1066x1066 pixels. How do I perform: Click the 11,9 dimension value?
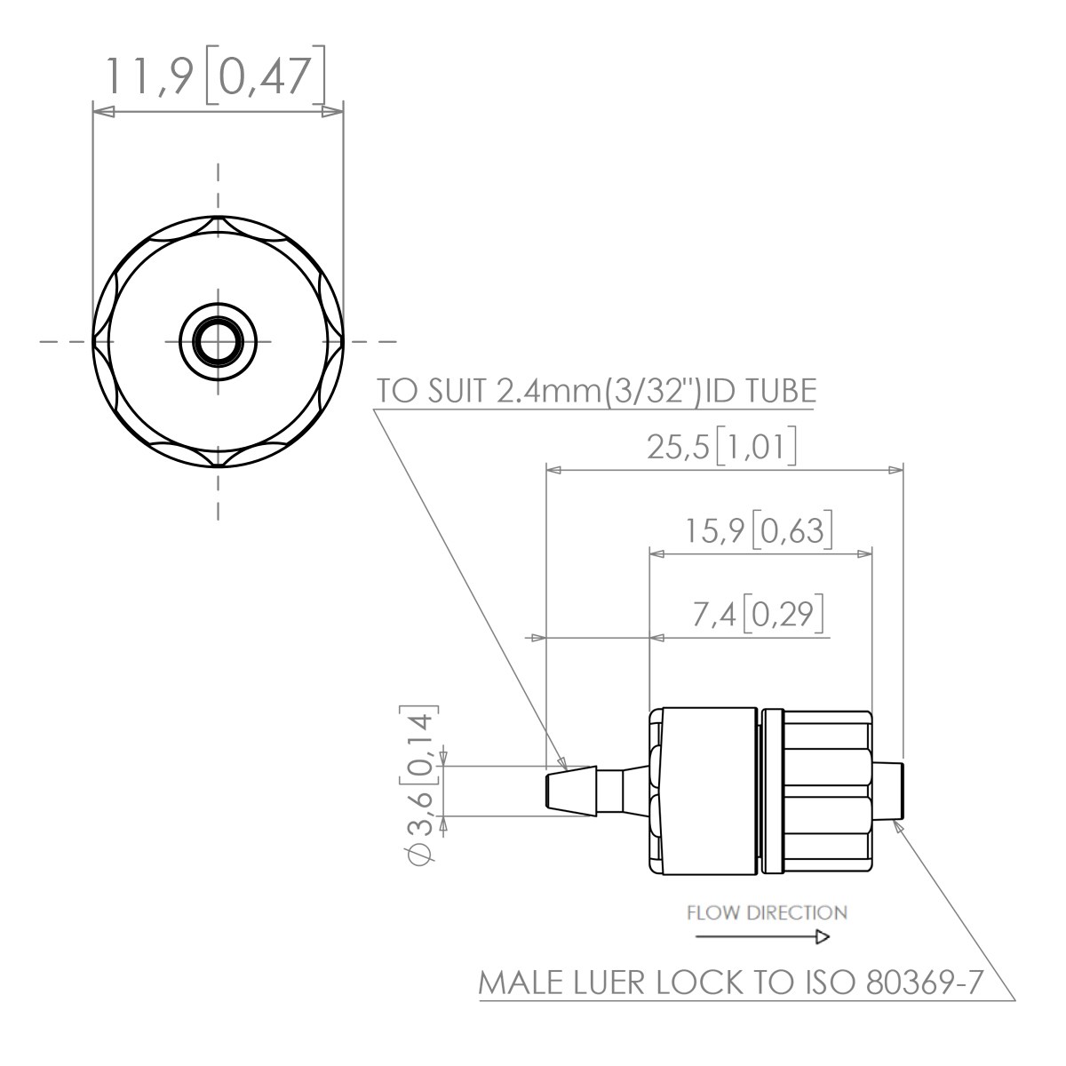point(149,77)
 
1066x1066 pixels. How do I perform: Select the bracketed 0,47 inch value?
point(265,76)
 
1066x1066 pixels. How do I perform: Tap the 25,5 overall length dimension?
point(677,447)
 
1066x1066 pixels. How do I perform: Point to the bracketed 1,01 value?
point(756,446)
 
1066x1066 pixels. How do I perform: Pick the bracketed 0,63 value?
point(792,530)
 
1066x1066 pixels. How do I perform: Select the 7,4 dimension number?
point(714,615)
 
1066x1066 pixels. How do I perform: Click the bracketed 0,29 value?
point(783,614)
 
